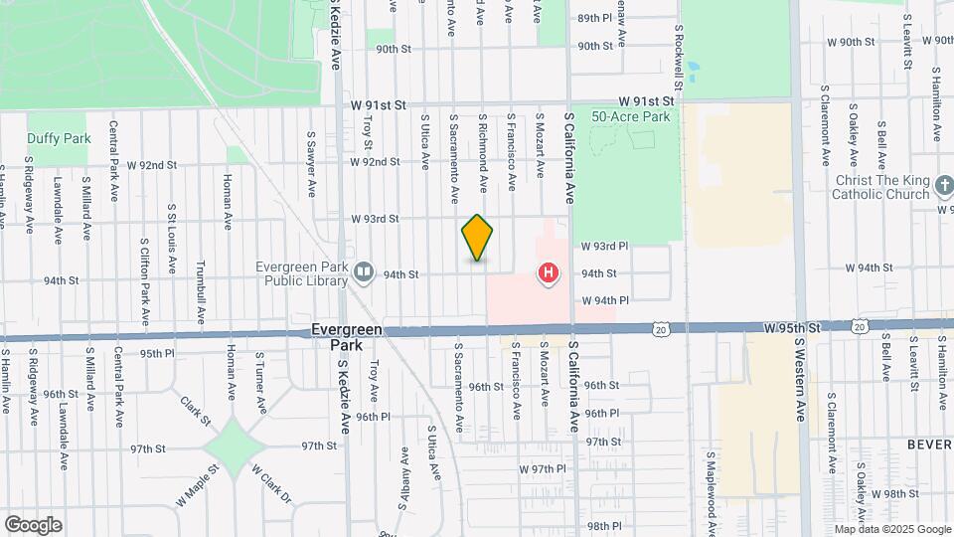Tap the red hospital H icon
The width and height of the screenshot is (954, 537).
pyautogui.click(x=547, y=272)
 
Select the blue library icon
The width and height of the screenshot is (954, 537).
pyautogui.click(x=364, y=272)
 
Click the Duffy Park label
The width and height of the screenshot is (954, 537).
pyautogui.click(x=58, y=138)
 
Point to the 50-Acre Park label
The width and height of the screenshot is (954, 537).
pyautogui.click(x=631, y=116)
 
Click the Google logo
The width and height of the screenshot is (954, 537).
pyautogui.click(x=33, y=525)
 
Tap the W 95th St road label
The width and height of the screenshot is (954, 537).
pyautogui.click(x=791, y=326)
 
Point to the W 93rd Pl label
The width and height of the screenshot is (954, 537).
pyautogui.click(x=605, y=246)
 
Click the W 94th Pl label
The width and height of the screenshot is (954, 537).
pyautogui.click(x=605, y=299)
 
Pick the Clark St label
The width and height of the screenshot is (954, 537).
pyautogui.click(x=196, y=408)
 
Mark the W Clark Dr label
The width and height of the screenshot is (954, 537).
pyautogui.click(x=270, y=483)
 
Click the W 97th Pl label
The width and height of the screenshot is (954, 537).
pyautogui.click(x=542, y=468)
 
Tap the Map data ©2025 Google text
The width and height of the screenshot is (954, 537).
pyautogui.click(x=890, y=529)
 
